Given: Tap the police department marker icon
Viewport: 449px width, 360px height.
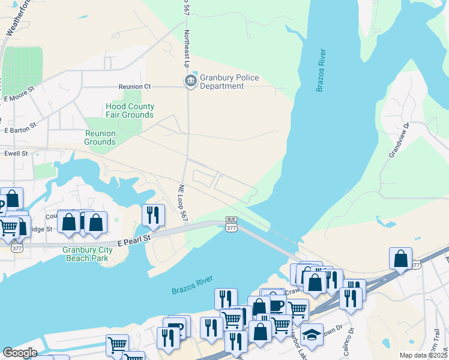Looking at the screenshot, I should point(191,81).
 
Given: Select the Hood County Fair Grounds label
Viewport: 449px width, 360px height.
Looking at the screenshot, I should point(130,110).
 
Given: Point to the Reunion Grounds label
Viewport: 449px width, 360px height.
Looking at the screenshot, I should point(100,137).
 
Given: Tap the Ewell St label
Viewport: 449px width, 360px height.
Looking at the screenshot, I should point(17,154).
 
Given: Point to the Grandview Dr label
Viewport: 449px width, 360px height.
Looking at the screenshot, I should point(399,140).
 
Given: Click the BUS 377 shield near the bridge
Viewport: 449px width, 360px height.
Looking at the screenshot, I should point(231,223).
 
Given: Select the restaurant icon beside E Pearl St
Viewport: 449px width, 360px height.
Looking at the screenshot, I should point(153,215).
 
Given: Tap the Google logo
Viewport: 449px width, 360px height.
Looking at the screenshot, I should point(20,353).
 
